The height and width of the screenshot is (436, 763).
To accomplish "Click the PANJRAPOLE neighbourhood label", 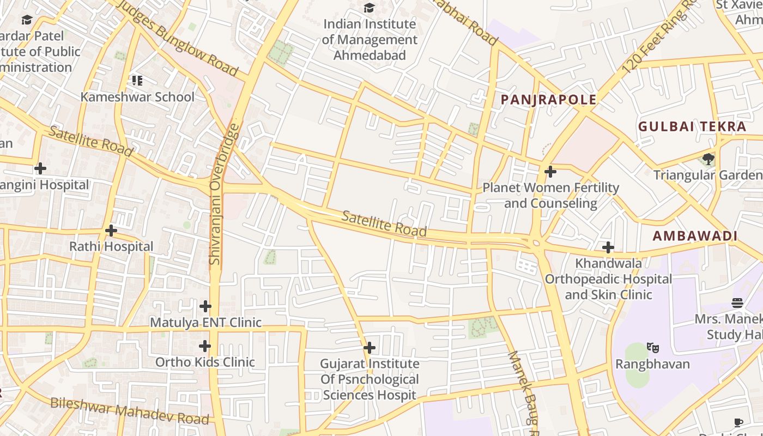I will [x=548, y=100].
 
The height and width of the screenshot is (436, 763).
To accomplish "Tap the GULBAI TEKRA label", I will [x=692, y=126].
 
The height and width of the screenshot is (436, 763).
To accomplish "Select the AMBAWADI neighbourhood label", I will [x=695, y=236].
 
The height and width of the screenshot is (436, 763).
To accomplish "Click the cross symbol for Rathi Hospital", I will [x=111, y=231].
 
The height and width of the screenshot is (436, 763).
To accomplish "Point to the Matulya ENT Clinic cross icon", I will [x=205, y=306].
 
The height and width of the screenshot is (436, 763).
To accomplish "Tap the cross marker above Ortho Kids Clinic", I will [x=205, y=346].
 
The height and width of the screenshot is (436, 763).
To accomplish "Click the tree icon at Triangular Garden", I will [x=708, y=159].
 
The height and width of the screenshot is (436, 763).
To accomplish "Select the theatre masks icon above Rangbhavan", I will [x=652, y=348].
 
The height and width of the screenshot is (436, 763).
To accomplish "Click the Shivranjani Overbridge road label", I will [x=216, y=194].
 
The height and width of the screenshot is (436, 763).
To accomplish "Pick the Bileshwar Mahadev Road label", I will [x=130, y=411].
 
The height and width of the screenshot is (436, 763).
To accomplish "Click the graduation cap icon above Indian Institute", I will [x=370, y=8].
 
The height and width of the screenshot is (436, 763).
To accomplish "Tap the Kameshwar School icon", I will [x=137, y=81].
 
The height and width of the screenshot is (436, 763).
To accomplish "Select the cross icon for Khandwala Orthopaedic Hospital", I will [x=608, y=248].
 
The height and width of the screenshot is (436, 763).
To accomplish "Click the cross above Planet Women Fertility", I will [x=550, y=172].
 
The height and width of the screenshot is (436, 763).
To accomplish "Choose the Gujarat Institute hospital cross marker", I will [x=370, y=348].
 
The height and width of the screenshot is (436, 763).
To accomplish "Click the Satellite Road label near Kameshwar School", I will [x=91, y=141].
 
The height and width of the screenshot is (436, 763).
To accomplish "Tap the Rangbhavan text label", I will [x=652, y=364].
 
